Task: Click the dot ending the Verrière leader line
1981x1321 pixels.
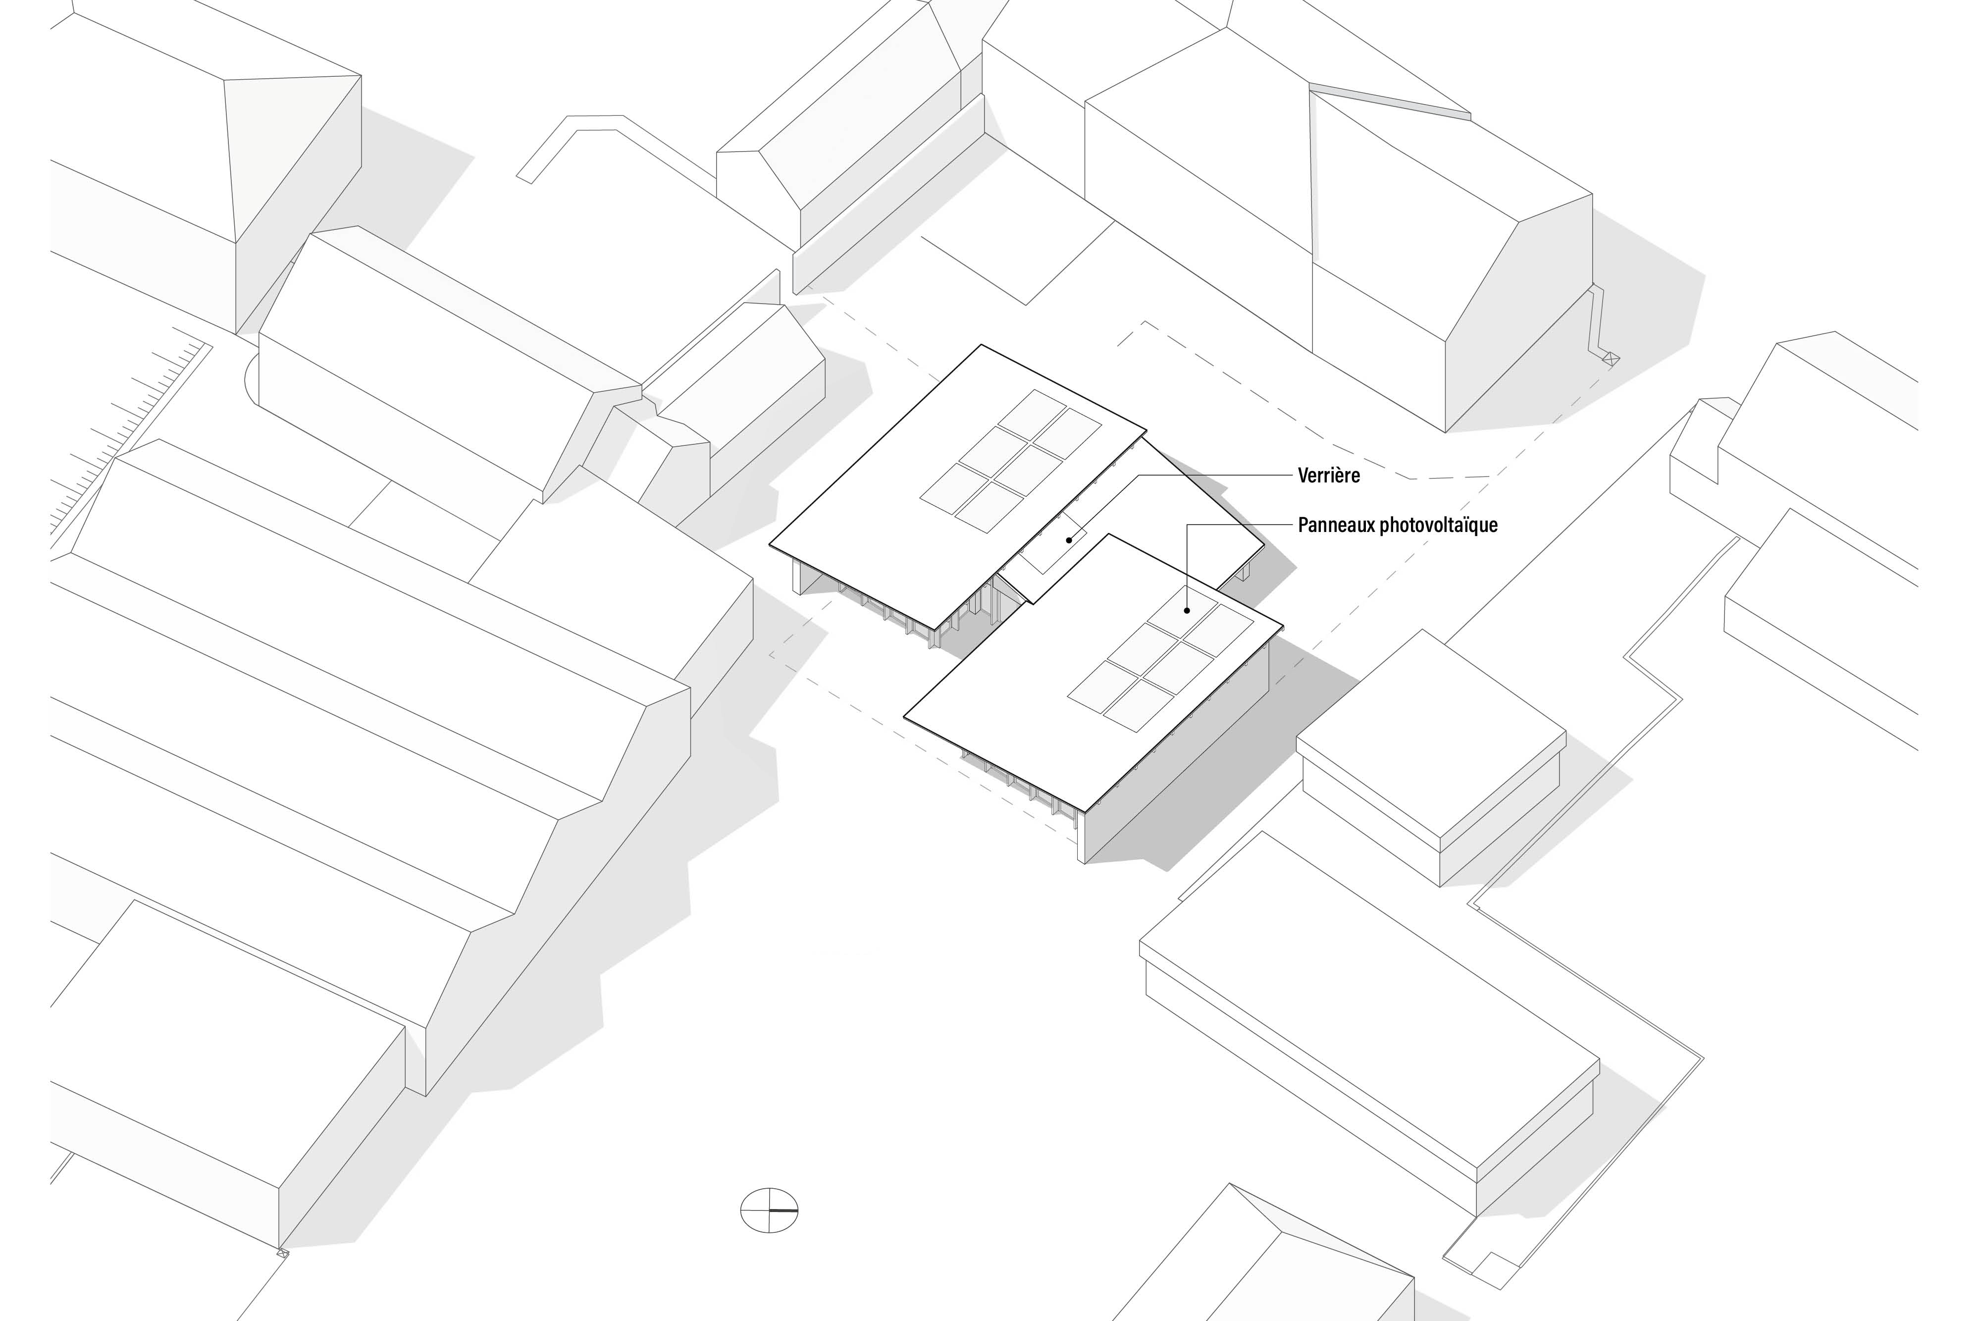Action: [x=1070, y=540]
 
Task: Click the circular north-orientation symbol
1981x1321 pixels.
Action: [x=768, y=1211]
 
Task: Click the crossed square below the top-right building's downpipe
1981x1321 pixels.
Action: [x=1611, y=359]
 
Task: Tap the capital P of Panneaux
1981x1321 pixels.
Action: [x=1303, y=526]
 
